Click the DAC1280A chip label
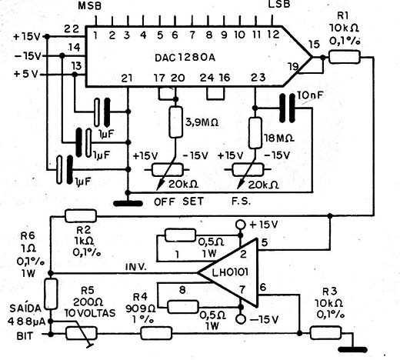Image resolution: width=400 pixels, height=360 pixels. [x=185, y=58]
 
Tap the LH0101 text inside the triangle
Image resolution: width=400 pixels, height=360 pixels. [x=230, y=272]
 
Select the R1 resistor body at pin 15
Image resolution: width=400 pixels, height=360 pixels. [x=345, y=57]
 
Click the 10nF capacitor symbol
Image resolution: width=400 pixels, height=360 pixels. [x=287, y=108]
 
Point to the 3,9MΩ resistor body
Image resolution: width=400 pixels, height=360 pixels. [x=176, y=122]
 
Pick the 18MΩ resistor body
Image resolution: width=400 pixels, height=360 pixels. [x=255, y=133]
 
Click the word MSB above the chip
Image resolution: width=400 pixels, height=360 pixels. [x=90, y=6]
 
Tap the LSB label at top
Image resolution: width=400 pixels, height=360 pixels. [x=279, y=5]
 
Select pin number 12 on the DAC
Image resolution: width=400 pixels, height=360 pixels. [x=273, y=35]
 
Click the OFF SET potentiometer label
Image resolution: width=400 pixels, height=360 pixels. [x=178, y=202]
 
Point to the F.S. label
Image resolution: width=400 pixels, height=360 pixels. [x=241, y=202]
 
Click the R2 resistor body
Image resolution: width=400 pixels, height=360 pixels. [x=81, y=216]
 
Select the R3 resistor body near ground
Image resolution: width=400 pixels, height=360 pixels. [x=325, y=333]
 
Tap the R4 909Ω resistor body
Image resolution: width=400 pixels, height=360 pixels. [x=156, y=333]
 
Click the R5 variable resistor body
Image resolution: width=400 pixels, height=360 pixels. [x=82, y=333]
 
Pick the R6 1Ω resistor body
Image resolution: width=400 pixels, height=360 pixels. [x=51, y=294]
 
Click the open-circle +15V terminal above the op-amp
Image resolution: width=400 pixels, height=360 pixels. [x=241, y=225]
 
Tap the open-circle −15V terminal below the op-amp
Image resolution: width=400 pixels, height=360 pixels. [x=241, y=319]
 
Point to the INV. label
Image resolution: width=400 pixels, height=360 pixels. [x=136, y=267]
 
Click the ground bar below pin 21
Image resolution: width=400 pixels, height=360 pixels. [x=128, y=204]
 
